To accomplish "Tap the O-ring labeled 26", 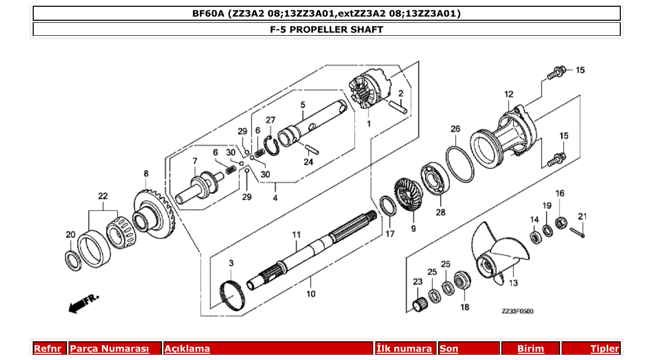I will pyautogui.click(x=460, y=164).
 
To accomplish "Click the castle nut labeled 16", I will pyautogui.click(x=560, y=224).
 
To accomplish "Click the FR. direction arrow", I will pyautogui.click(x=83, y=303).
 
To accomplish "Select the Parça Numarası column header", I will pyautogui.click(x=110, y=349).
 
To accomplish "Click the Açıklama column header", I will pyautogui.click(x=187, y=349).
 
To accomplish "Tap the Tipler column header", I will pyautogui.click(x=605, y=349).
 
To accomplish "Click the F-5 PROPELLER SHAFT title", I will pyautogui.click(x=326, y=29).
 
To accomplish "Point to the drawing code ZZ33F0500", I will pyautogui.click(x=517, y=311).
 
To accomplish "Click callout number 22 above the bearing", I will pyautogui.click(x=103, y=196).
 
